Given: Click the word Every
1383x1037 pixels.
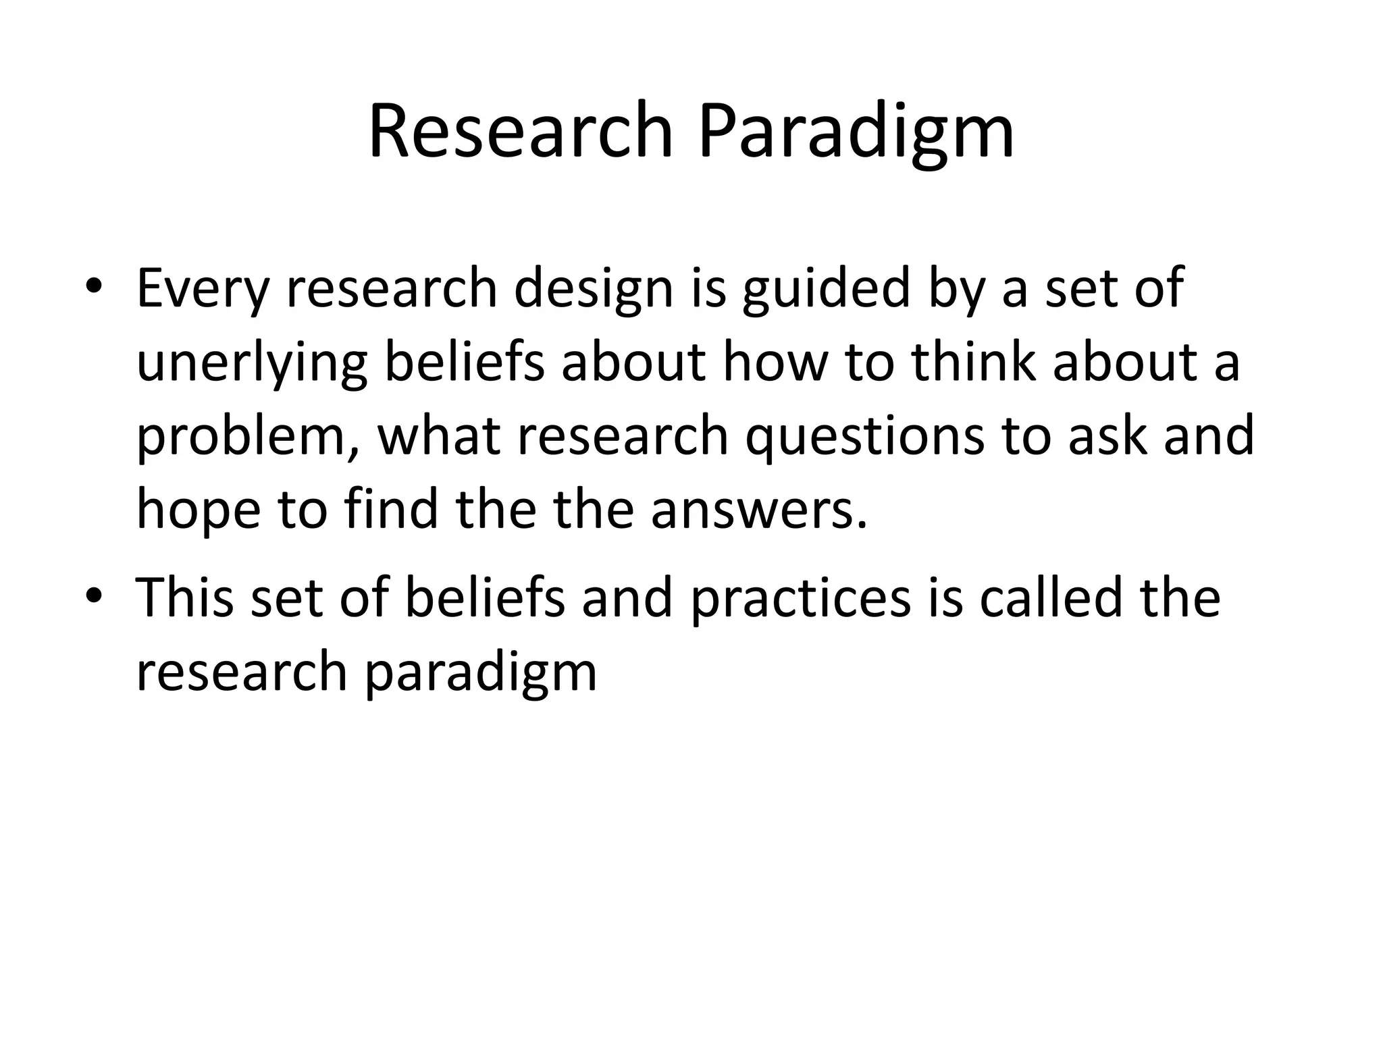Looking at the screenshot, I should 203,289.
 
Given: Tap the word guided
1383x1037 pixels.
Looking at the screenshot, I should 827,289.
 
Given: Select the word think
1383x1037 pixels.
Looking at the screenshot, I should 973,362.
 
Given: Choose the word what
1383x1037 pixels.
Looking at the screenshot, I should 439,435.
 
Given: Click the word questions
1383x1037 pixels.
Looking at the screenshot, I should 864,437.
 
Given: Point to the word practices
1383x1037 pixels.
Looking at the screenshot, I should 800,598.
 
